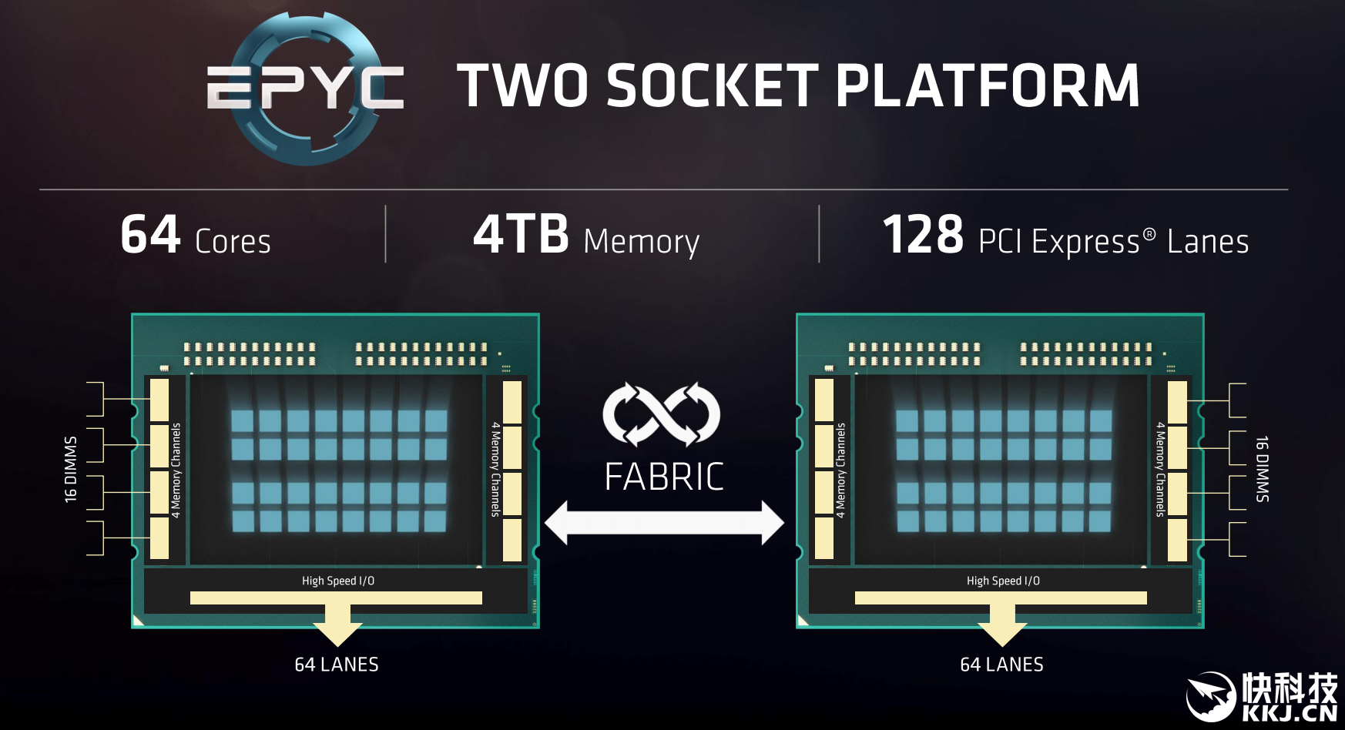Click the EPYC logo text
pos(305,87)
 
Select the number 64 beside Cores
pos(151,235)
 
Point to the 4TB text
pos(522,235)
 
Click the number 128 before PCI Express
pos(923,235)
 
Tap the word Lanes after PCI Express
pos(1208,241)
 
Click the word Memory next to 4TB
pos(642,243)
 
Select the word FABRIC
pos(664,477)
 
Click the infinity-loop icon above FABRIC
pos(662,414)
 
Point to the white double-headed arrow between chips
pos(664,523)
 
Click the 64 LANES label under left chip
pos(337,665)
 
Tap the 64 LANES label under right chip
pos(1001,665)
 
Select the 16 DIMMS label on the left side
pos(71,469)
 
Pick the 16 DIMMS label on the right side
pos(1262,469)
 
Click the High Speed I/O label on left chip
pos(338,581)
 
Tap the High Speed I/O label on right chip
pos(1003,581)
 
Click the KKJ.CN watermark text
pos(1290,712)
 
